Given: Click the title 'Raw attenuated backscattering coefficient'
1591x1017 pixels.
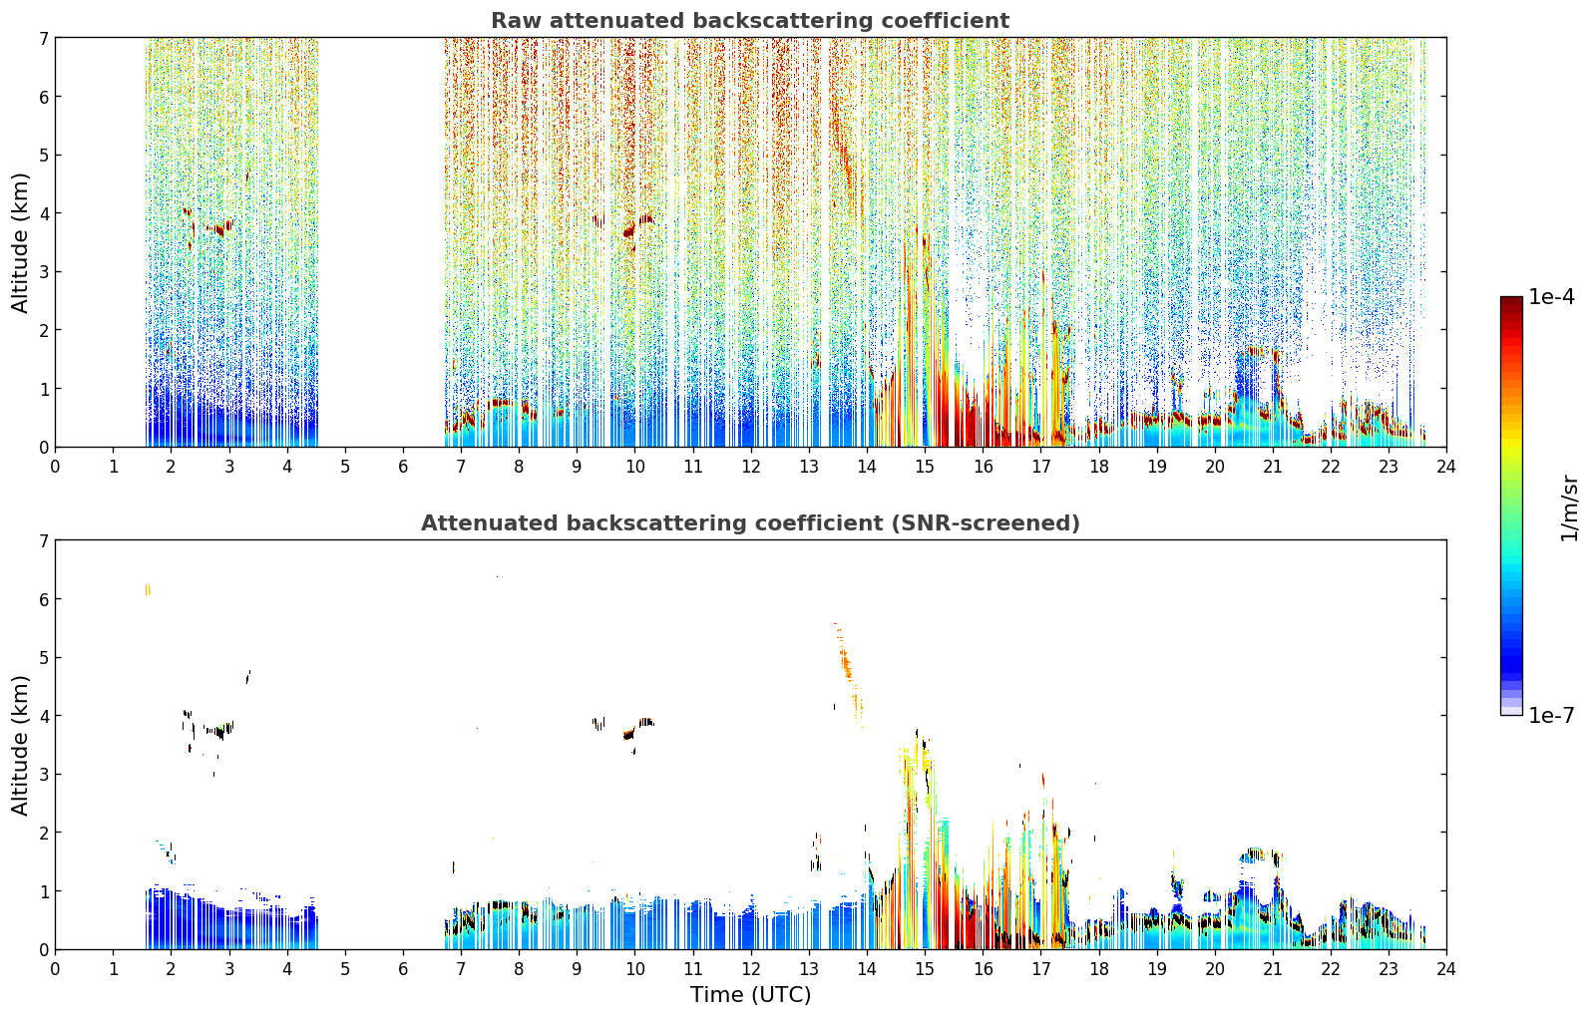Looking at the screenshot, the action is click(750, 21).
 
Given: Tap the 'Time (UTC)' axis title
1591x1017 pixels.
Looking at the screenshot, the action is click(750, 994).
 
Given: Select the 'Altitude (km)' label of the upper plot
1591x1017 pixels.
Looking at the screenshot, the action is click(20, 243).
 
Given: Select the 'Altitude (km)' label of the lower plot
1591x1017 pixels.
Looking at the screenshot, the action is click(20, 746).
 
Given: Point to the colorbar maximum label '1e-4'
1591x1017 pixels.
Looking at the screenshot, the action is click(1552, 297).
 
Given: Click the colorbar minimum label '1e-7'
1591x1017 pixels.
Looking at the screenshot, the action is click(1552, 715).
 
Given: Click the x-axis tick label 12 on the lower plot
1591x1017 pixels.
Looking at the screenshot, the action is click(751, 969).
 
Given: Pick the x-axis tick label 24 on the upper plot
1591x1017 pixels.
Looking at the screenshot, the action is click(1446, 467).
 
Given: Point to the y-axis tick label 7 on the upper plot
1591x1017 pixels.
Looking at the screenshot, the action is click(43, 38).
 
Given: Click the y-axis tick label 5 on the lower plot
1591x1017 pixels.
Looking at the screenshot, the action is click(43, 658).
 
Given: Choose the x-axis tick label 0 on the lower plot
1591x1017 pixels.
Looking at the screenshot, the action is click(56, 969).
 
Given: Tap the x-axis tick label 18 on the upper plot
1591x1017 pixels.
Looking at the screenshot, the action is click(1099, 467).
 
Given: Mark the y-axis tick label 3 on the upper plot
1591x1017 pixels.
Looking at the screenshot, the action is click(43, 272).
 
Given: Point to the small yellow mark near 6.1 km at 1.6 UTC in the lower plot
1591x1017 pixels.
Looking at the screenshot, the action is click(148, 589).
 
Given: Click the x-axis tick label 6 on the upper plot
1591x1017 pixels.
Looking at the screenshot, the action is click(403, 467).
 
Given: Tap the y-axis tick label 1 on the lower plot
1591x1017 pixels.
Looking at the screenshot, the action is click(43, 891).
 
